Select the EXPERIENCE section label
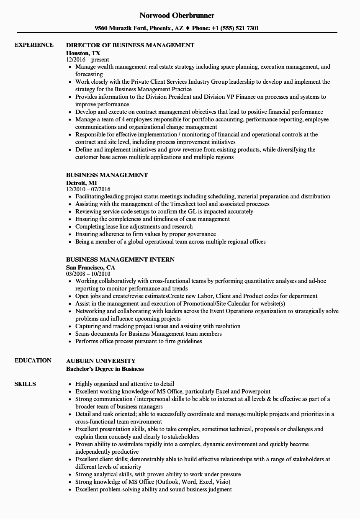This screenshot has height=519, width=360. [x=34, y=45]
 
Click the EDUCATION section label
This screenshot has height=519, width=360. [x=33, y=360]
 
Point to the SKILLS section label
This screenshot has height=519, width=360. [x=25, y=384]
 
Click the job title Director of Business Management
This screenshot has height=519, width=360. [x=130, y=45]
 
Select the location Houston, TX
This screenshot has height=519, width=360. [x=83, y=53]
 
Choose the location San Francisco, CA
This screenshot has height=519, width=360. [x=90, y=267]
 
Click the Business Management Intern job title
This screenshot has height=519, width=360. [x=120, y=260]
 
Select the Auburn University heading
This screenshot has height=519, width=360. [x=101, y=361]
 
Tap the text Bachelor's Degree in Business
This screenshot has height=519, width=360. [x=105, y=369]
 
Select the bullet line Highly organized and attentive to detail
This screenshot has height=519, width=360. [x=125, y=384]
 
